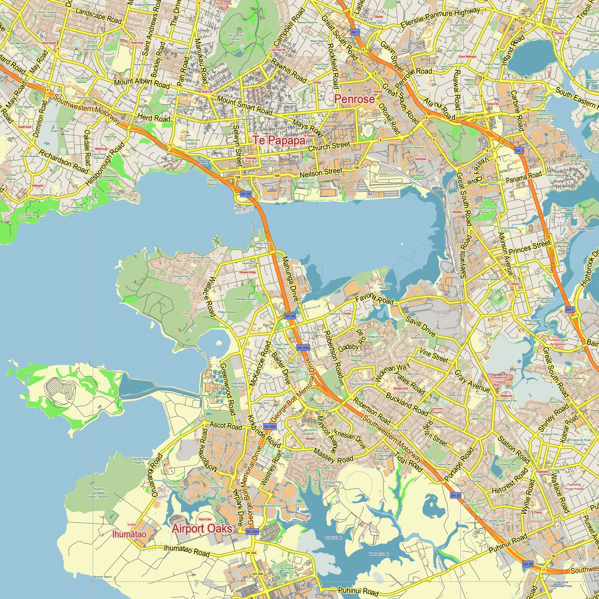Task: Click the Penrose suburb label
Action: (x=354, y=99)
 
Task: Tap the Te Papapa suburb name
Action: (x=279, y=140)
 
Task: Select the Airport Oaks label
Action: (x=202, y=529)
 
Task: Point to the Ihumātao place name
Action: (x=129, y=534)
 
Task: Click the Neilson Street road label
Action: (x=321, y=173)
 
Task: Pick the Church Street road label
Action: (x=329, y=146)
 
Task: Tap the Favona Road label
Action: (x=374, y=299)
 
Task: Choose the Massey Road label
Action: (x=333, y=456)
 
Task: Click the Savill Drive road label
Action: (x=420, y=326)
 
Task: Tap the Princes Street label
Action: (x=529, y=247)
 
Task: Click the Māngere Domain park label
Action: (x=246, y=299)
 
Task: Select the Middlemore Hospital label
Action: (x=500, y=379)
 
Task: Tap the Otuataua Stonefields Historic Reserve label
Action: (x=98, y=493)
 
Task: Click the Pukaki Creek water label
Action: (x=334, y=538)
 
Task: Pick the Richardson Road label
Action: (x=63, y=161)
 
